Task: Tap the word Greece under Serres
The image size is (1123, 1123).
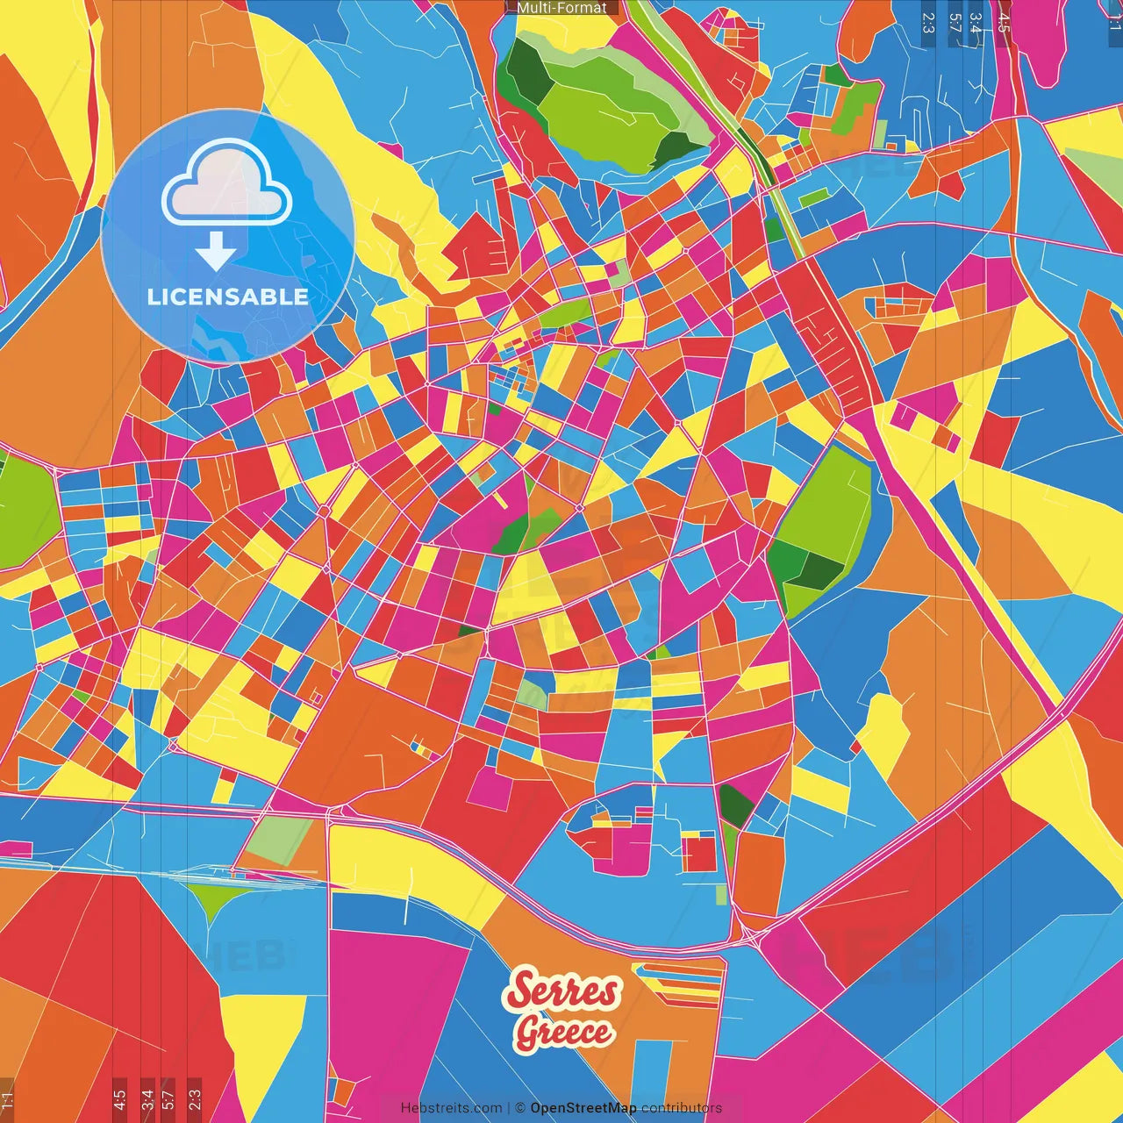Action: tap(564, 1032)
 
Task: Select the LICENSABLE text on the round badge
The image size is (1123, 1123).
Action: tap(228, 297)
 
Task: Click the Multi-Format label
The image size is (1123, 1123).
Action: tap(561, 8)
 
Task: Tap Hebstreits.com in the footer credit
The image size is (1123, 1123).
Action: tap(451, 1108)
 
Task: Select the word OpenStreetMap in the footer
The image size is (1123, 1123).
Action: tap(583, 1108)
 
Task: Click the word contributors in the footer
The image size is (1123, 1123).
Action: tap(682, 1108)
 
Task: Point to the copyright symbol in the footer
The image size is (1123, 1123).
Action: tap(519, 1108)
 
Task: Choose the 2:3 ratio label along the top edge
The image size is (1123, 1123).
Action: tap(927, 21)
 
